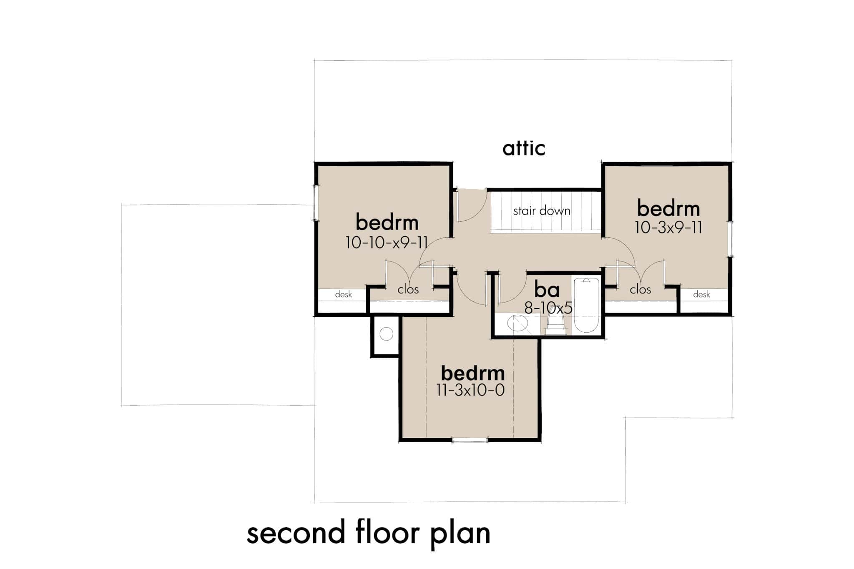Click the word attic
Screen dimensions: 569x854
click(524, 148)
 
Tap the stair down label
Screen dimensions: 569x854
click(541, 211)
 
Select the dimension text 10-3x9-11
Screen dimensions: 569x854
click(668, 228)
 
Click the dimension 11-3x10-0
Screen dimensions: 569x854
click(470, 391)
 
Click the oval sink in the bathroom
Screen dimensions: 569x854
click(518, 323)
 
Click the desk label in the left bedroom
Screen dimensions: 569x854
click(343, 295)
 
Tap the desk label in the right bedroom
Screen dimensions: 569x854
click(701, 295)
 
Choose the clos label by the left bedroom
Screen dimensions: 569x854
click(408, 289)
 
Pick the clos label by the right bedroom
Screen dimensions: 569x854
click(640, 289)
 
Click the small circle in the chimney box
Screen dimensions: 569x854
click(387, 334)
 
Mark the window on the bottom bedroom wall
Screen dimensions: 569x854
click(470, 440)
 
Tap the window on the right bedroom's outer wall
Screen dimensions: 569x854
click(731, 238)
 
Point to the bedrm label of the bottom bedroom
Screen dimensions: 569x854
click(472, 373)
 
